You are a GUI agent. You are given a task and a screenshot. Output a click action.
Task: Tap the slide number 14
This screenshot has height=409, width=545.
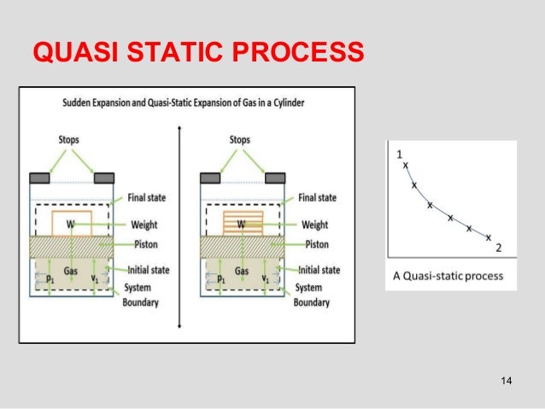pyautogui.click(x=505, y=380)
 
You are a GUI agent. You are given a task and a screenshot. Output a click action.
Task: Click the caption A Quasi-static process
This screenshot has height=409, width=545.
pyautogui.click(x=448, y=276)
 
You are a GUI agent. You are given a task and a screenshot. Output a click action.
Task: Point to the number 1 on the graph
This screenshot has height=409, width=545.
pyautogui.click(x=400, y=154)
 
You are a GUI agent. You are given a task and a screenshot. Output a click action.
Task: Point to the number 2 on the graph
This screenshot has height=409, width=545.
pyautogui.click(x=498, y=248)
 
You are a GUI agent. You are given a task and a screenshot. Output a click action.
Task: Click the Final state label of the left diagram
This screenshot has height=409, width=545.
pyautogui.click(x=148, y=198)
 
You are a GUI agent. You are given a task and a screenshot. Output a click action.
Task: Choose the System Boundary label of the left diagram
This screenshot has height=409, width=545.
pyautogui.click(x=141, y=295)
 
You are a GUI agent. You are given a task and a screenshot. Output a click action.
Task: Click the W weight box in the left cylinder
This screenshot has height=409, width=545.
pyautogui.click(x=73, y=225)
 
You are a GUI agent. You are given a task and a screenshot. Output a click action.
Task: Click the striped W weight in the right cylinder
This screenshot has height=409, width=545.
pyautogui.click(x=243, y=225)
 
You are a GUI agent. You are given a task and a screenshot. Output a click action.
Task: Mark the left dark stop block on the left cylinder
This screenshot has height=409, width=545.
pyautogui.click(x=40, y=178)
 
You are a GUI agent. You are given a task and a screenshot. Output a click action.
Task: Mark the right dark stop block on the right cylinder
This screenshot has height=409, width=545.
pyautogui.click(x=273, y=178)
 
